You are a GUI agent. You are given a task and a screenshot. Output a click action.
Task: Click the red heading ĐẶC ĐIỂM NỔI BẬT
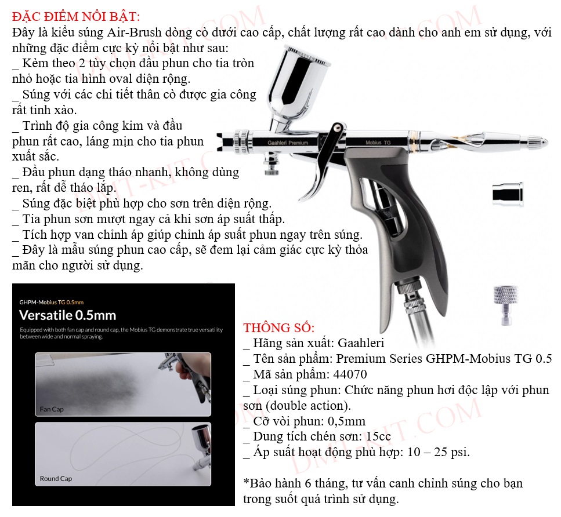[x=76, y=16]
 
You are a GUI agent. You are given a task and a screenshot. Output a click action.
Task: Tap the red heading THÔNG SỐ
[x=278, y=327]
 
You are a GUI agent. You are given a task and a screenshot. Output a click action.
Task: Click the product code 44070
[x=350, y=374]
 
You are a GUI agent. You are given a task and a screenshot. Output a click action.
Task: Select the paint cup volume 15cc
[x=378, y=436]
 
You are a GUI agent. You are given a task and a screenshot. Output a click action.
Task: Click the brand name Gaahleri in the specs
[x=361, y=343]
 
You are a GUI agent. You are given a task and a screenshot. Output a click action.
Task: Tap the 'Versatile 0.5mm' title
[x=68, y=315]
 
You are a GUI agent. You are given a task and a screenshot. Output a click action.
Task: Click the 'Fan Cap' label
[x=52, y=409]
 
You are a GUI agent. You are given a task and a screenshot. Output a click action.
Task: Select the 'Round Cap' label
[x=56, y=478]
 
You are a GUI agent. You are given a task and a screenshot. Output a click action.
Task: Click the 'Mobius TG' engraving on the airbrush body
[x=378, y=143]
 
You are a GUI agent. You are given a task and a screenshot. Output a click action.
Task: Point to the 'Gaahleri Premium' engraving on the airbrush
[x=288, y=143]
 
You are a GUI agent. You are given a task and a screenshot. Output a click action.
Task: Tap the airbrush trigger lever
[x=324, y=161]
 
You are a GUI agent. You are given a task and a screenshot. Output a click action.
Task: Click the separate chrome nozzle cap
[x=508, y=194]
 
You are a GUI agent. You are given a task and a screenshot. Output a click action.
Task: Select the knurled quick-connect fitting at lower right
[x=505, y=304]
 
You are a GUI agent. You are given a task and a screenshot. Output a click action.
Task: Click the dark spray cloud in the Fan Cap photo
[x=89, y=388]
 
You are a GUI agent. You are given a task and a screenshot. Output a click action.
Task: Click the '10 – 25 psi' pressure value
[x=438, y=452]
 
